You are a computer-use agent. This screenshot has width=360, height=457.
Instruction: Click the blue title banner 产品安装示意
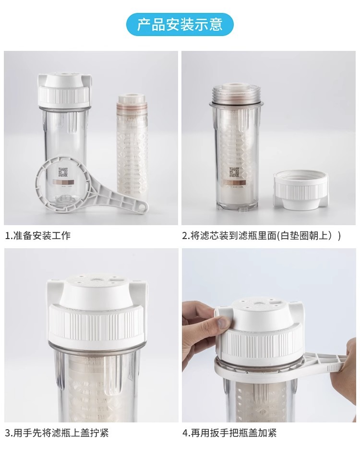[180, 24]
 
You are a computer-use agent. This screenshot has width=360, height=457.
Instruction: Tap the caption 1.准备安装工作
[38, 235]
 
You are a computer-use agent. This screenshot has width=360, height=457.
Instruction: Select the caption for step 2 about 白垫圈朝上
[262, 235]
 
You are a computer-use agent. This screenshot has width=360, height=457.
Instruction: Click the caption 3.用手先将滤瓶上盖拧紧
[57, 433]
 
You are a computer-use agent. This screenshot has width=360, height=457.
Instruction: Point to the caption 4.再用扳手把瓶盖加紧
[229, 433]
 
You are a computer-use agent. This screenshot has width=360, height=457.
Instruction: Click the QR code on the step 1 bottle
[63, 172]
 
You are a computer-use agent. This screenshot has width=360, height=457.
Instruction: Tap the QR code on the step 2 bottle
[234, 172]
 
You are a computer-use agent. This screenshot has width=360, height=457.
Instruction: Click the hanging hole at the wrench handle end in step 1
[142, 206]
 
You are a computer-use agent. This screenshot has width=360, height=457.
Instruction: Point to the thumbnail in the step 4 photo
[224, 323]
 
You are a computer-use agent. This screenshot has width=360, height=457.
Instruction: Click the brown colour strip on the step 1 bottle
[63, 182]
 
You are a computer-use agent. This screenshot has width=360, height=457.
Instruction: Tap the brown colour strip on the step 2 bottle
[235, 182]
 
